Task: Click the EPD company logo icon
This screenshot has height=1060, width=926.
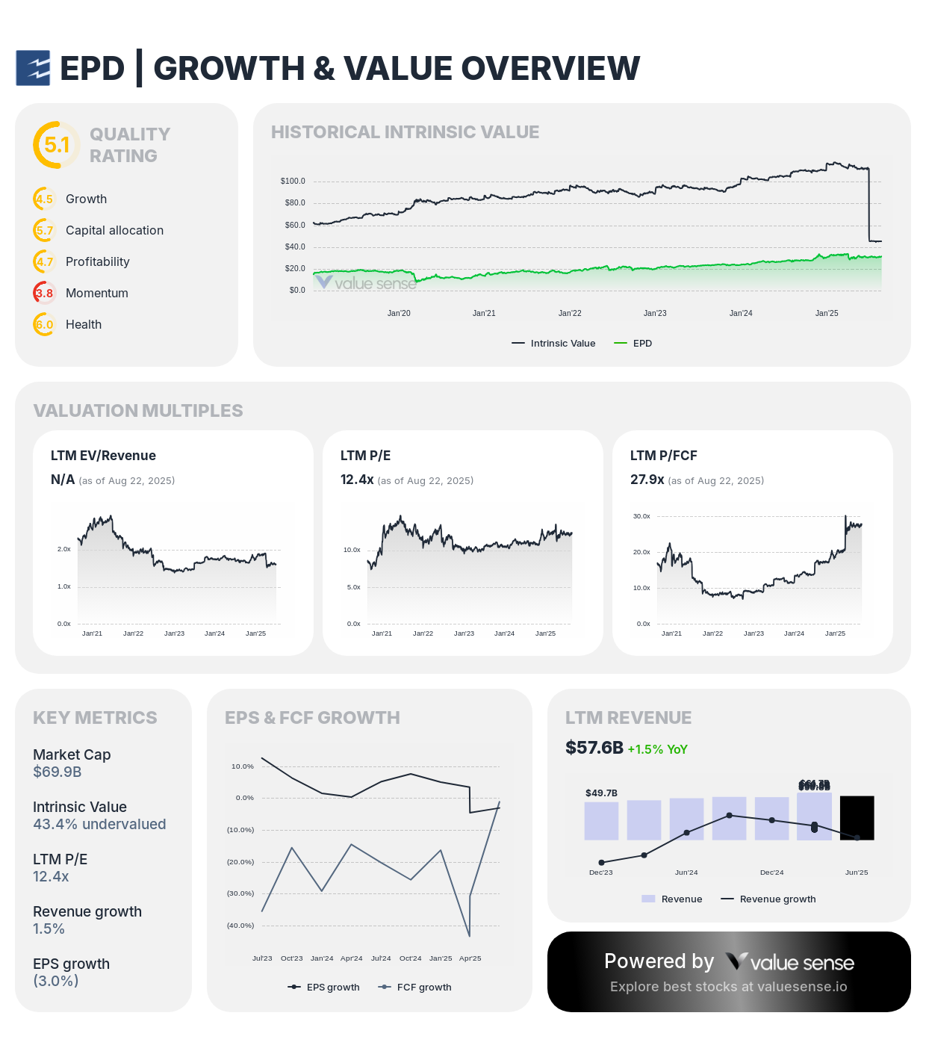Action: tap(33, 68)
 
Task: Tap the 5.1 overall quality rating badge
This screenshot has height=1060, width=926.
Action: tap(56, 145)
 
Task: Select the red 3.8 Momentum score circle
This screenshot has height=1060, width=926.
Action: tap(44, 293)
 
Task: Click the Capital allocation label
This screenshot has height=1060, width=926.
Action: tap(114, 230)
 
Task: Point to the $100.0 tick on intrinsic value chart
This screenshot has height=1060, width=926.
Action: tap(293, 181)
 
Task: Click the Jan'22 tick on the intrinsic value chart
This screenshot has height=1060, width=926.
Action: tap(570, 313)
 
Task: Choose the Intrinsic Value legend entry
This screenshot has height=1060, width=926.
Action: tap(554, 344)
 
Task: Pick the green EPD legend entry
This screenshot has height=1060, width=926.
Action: tap(633, 344)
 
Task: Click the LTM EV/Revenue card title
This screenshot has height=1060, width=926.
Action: tap(103, 456)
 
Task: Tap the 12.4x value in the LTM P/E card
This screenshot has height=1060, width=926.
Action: tap(357, 480)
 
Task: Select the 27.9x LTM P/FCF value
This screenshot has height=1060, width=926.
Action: tap(647, 480)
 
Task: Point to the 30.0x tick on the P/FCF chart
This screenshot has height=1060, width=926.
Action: tap(641, 516)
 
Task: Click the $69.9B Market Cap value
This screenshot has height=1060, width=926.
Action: tap(58, 772)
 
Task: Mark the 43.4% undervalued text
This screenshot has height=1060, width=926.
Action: tap(99, 824)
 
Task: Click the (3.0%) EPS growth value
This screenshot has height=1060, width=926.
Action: tap(56, 981)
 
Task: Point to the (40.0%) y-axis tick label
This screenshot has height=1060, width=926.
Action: tap(240, 926)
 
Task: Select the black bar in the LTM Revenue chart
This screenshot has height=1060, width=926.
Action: tap(857, 818)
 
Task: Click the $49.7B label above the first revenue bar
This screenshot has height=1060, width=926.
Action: tap(601, 793)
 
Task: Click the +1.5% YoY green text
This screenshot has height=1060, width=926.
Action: tap(657, 749)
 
